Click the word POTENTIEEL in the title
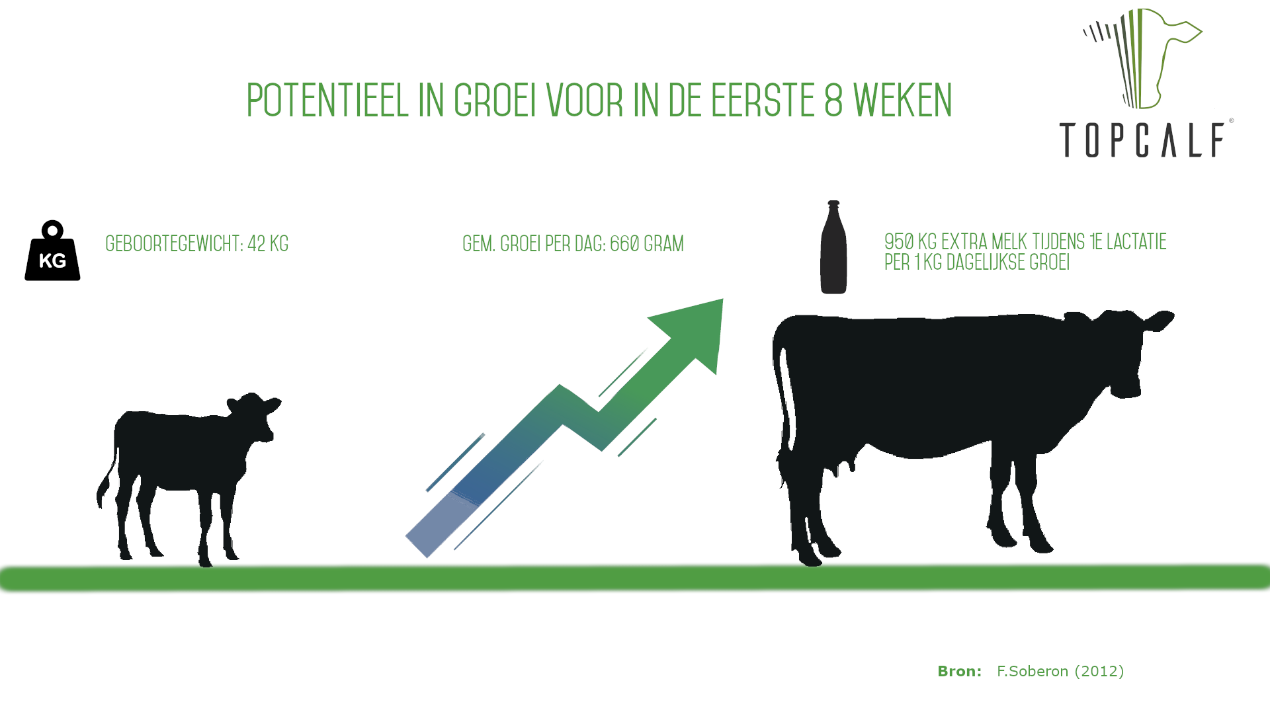pyautogui.click(x=327, y=100)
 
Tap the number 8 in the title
pyautogui.click(x=833, y=100)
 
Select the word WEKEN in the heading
pyautogui.click(x=903, y=100)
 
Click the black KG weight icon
pyautogui.click(x=52, y=251)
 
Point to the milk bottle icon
pyautogui.click(x=833, y=247)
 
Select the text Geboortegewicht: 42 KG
pyautogui.click(x=197, y=244)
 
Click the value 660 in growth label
pyautogui.click(x=624, y=244)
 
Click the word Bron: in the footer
pyautogui.click(x=959, y=672)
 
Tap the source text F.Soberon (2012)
pyautogui.click(x=1060, y=672)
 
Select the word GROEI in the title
pyautogui.click(x=495, y=100)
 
